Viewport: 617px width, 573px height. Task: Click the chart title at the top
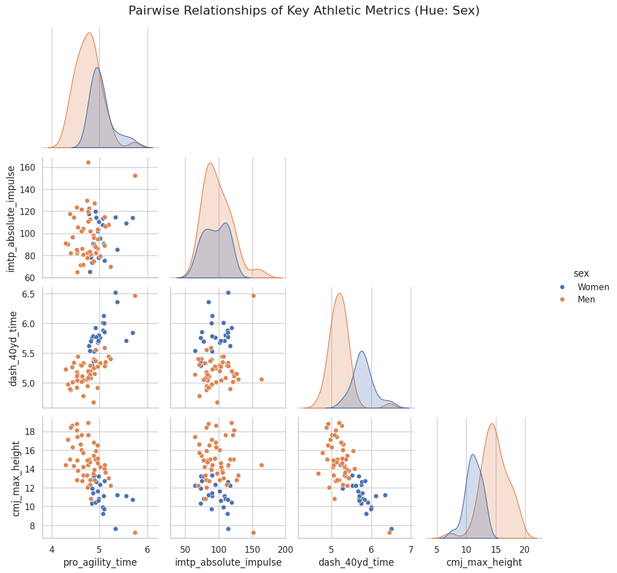point(304,11)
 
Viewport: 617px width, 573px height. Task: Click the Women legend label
point(593,287)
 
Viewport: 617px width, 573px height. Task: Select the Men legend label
point(586,300)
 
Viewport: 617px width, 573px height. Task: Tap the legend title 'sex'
point(581,273)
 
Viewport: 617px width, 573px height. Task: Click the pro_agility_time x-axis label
point(100,562)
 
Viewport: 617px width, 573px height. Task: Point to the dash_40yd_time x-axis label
point(356,562)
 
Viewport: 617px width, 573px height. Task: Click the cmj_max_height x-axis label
point(484,562)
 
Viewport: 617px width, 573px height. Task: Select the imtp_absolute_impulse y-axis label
point(11,219)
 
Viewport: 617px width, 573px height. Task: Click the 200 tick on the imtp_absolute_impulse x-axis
point(286,548)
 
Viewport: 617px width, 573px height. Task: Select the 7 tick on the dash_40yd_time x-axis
point(411,548)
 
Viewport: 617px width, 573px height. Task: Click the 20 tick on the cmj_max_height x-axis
point(525,548)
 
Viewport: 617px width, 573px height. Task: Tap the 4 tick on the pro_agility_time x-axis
point(52,548)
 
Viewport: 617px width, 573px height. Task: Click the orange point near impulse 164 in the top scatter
point(88,163)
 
